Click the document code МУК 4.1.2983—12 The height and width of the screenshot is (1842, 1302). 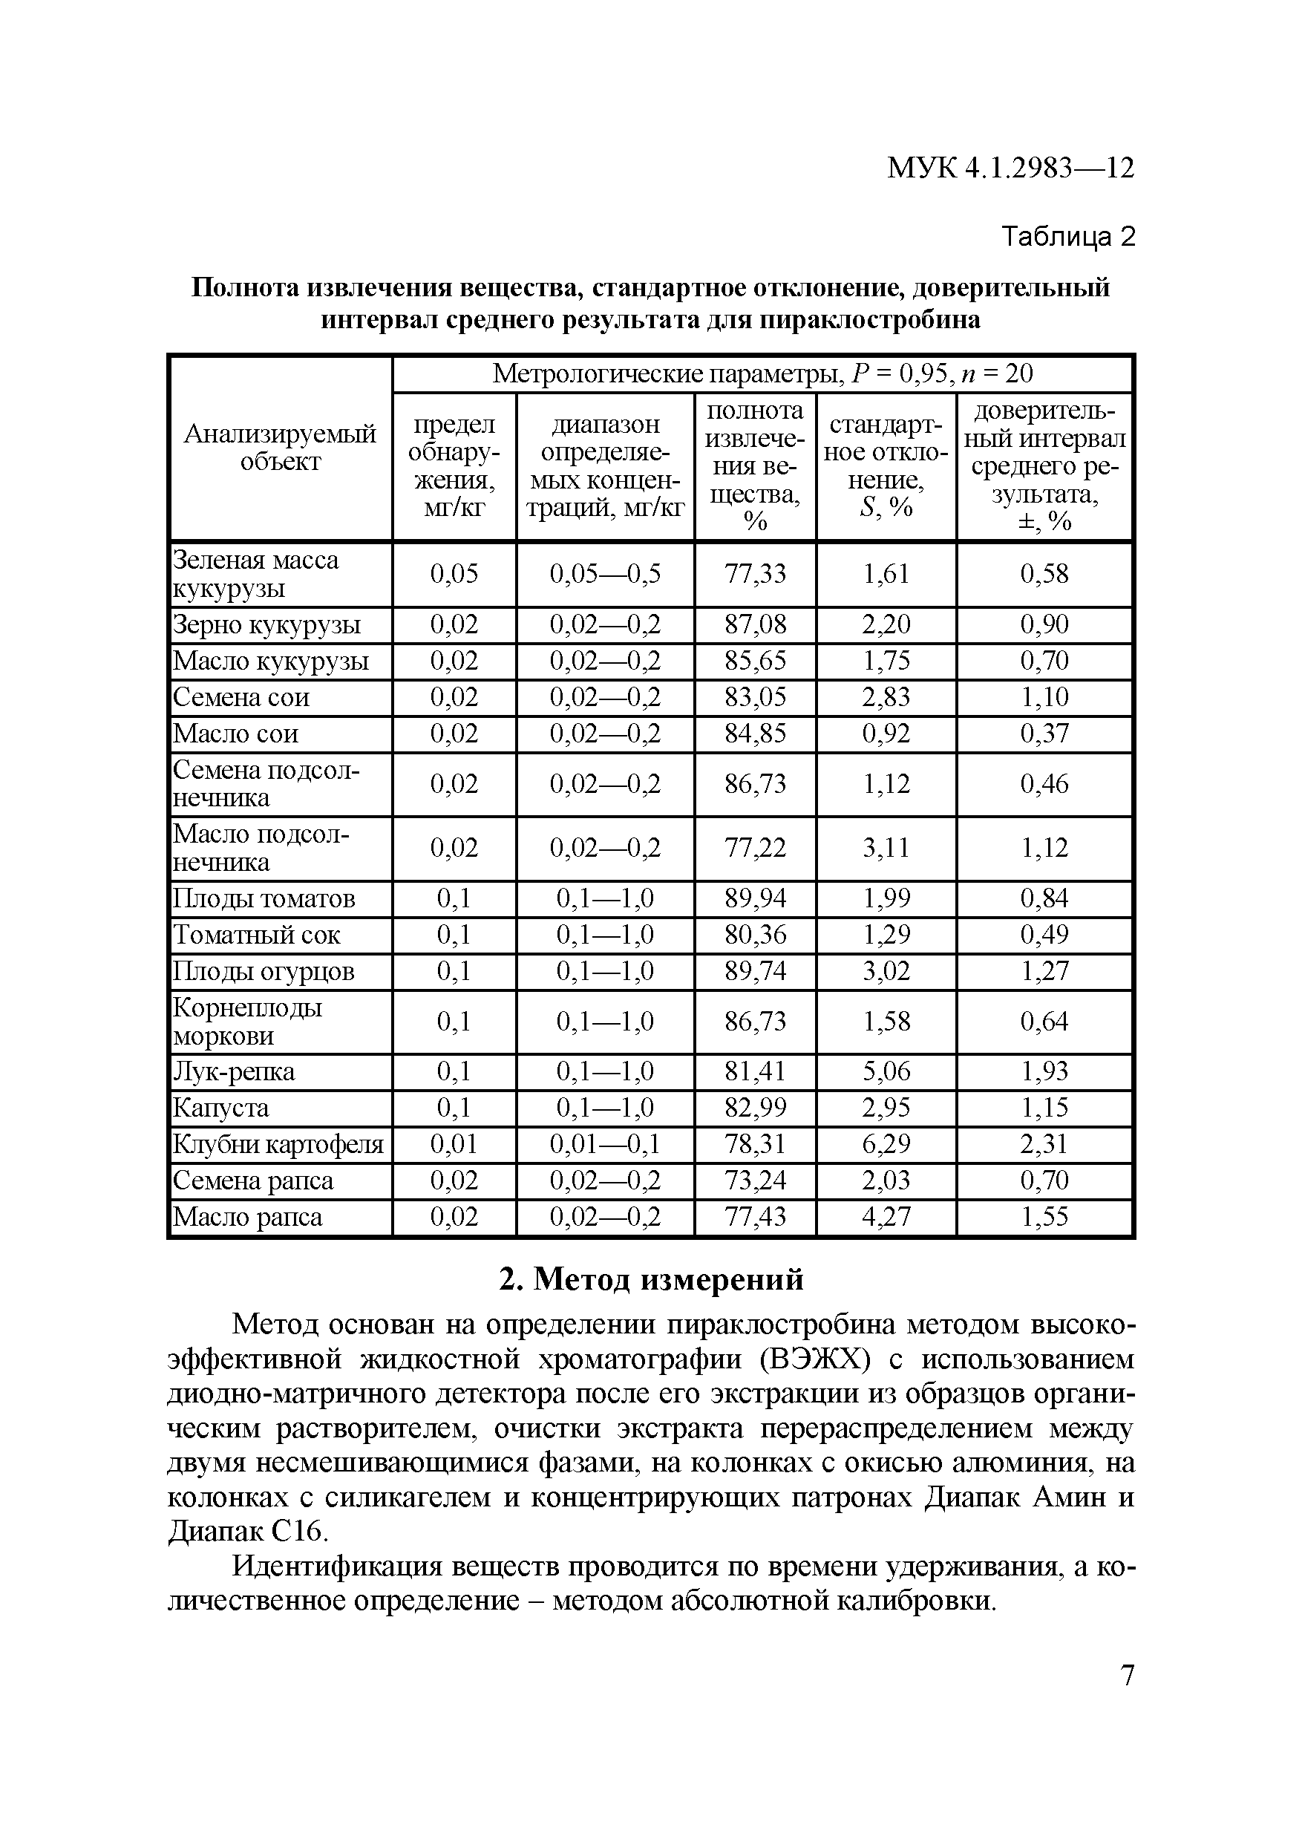tap(1010, 169)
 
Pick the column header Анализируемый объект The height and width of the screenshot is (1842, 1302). tap(280, 448)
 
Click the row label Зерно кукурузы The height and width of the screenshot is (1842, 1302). tap(266, 625)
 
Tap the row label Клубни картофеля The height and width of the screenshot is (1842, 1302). tap(278, 1144)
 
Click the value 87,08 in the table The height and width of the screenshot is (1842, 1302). tap(755, 625)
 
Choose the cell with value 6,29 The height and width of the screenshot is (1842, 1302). tap(886, 1144)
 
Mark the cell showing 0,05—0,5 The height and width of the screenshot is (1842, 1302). tap(605, 575)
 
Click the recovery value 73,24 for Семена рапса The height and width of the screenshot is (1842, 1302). tap(755, 1181)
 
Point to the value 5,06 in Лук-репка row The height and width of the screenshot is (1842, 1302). tap(886, 1072)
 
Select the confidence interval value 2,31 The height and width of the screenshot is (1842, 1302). tap(1044, 1144)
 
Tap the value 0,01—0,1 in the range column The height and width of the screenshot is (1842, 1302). tap(605, 1144)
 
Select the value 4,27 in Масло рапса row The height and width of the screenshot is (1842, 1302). tap(886, 1217)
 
